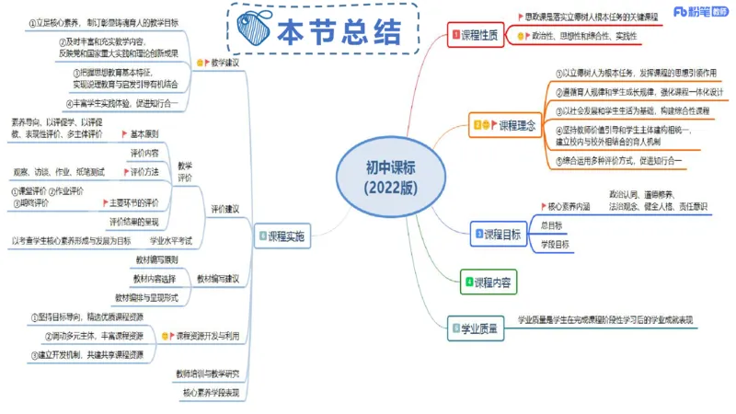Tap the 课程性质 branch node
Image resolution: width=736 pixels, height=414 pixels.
[476, 35]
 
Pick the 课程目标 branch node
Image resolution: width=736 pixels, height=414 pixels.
[500, 234]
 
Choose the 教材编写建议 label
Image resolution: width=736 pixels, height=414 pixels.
[218, 278]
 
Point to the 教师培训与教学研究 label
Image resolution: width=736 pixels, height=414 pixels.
[207, 374]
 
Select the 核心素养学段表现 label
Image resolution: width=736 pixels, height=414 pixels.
[210, 393]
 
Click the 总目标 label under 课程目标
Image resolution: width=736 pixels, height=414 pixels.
[552, 224]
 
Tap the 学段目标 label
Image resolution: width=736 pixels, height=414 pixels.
[555, 244]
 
